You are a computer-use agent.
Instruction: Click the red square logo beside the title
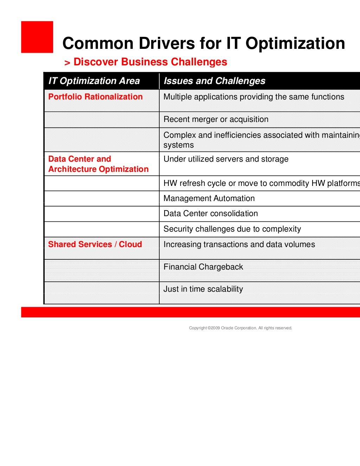[x=37, y=37]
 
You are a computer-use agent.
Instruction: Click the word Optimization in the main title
[x=295, y=44]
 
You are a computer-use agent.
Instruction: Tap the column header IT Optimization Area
[x=94, y=81]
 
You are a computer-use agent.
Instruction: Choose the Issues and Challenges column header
[x=214, y=81]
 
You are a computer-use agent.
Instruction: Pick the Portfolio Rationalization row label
[x=95, y=97]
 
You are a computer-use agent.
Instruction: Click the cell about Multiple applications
[x=254, y=97]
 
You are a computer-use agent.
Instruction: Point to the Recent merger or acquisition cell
[x=216, y=119]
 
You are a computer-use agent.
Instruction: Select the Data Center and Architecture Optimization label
[x=98, y=164]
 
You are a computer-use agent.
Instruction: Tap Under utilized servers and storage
[x=226, y=159]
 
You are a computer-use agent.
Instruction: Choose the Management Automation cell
[x=209, y=198]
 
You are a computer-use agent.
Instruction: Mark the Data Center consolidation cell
[x=211, y=213]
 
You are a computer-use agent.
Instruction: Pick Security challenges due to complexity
[x=232, y=229]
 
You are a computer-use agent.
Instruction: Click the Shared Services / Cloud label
[x=95, y=244]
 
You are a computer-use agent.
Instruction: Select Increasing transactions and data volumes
[x=239, y=244]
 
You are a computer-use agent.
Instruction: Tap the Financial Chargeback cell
[x=203, y=267]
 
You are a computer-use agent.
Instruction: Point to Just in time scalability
[x=203, y=289]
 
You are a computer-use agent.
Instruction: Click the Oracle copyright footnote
[x=240, y=328]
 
